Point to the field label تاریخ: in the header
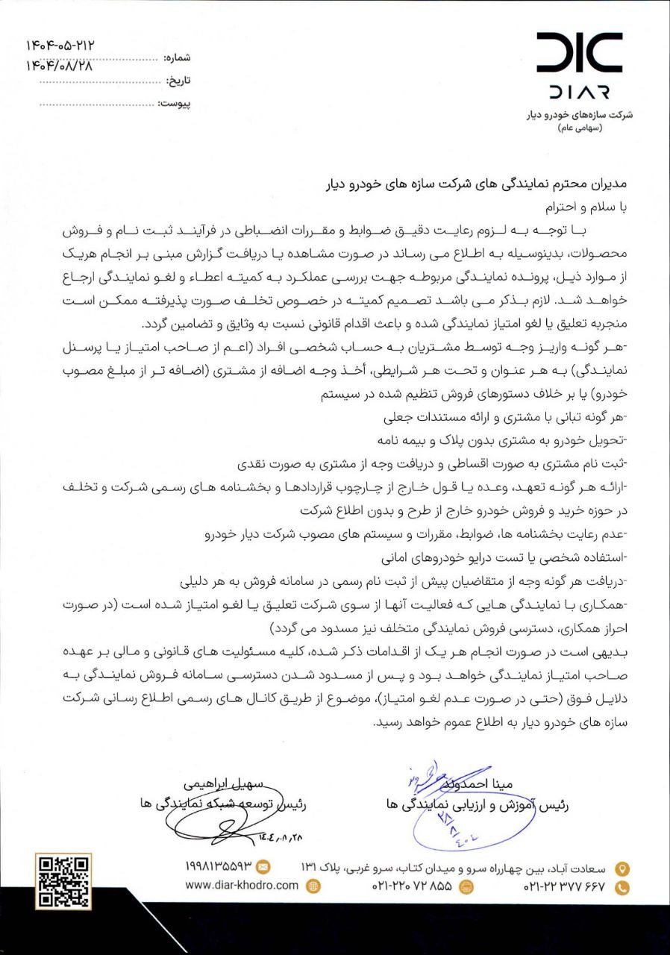click(178, 80)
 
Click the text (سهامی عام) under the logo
click(583, 130)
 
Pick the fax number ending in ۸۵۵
click(412, 887)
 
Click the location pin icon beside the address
click(622, 868)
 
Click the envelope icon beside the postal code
click(263, 867)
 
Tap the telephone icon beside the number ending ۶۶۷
click(622, 887)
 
